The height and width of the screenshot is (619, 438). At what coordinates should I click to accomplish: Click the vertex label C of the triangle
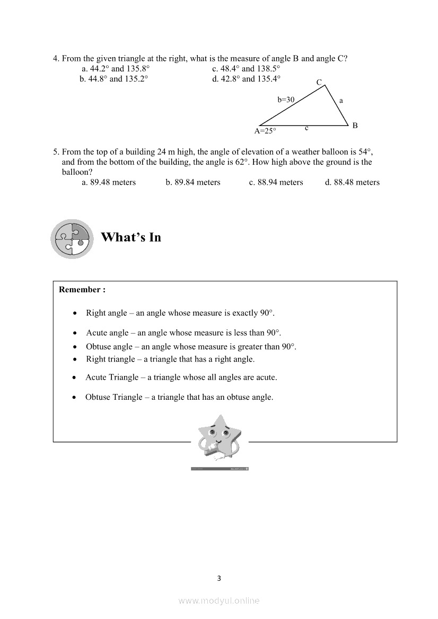click(x=319, y=82)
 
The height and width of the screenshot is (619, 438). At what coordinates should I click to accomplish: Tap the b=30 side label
click(x=286, y=99)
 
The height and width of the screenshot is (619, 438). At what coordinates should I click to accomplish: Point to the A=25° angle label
click(x=265, y=131)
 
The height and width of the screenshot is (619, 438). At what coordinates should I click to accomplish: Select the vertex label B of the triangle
click(x=355, y=125)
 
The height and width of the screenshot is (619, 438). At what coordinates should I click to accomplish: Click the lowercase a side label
click(x=341, y=100)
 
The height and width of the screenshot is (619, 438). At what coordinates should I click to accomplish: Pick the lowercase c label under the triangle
click(x=306, y=128)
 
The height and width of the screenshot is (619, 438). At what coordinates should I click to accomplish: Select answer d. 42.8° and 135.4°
click(x=246, y=79)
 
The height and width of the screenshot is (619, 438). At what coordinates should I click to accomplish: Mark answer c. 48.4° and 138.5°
click(x=246, y=69)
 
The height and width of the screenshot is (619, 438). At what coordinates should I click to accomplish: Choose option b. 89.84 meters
click(x=193, y=182)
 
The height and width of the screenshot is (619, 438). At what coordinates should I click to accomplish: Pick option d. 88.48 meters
click(x=352, y=182)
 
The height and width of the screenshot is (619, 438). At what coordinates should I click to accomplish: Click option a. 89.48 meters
click(x=109, y=182)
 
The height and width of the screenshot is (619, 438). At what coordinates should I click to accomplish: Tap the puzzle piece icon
click(x=72, y=239)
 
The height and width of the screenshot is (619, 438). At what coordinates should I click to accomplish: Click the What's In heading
click(x=131, y=237)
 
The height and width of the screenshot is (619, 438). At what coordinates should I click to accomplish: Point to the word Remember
click(x=80, y=290)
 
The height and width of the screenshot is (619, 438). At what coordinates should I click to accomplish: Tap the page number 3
click(x=219, y=578)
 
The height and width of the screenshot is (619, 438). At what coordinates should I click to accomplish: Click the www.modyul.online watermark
click(x=219, y=600)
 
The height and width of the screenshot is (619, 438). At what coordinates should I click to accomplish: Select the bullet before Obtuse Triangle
click(x=75, y=397)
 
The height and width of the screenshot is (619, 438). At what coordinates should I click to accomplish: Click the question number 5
click(x=55, y=151)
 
